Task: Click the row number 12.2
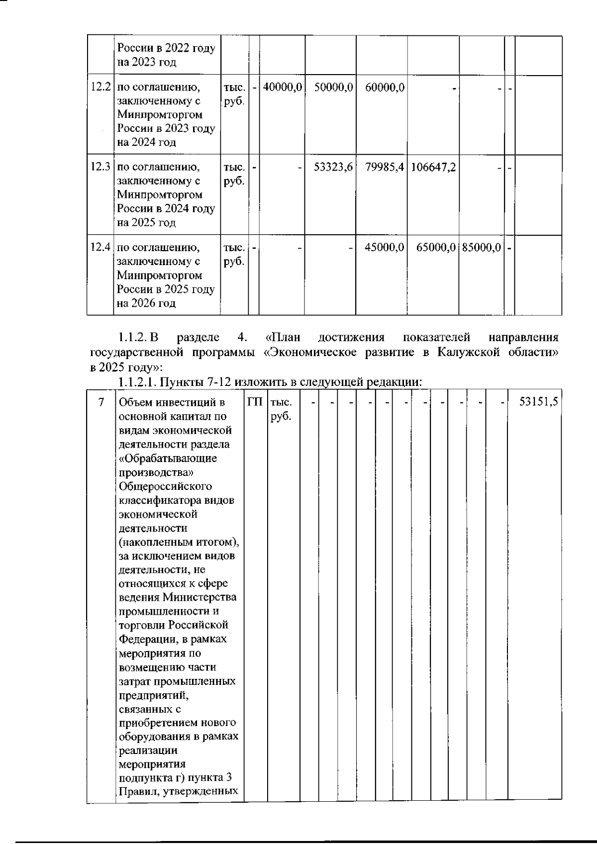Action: pyautogui.click(x=100, y=87)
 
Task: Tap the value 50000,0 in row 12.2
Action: pyautogui.click(x=333, y=87)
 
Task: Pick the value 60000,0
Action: pyautogui.click(x=385, y=87)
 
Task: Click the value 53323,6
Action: pyautogui.click(x=333, y=167)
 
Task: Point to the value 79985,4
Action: pyautogui.click(x=385, y=167)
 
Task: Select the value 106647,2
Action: pyautogui.click(x=433, y=167)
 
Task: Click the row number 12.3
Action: pyautogui.click(x=100, y=167)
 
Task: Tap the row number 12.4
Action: pyautogui.click(x=100, y=247)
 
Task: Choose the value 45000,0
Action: pyautogui.click(x=385, y=247)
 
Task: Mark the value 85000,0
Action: pyautogui.click(x=481, y=247)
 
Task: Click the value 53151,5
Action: pyautogui.click(x=537, y=402)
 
